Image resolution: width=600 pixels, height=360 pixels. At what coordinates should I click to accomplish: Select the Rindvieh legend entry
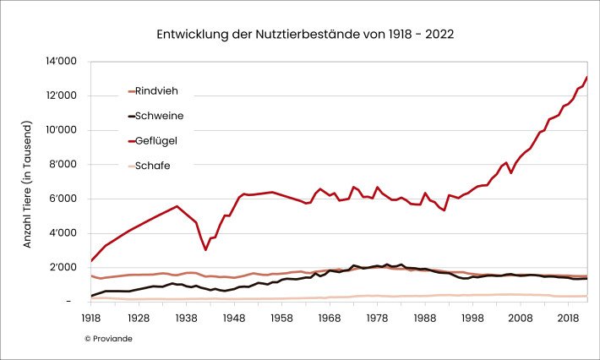click(156, 91)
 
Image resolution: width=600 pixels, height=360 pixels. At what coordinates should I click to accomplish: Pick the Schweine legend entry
click(160, 116)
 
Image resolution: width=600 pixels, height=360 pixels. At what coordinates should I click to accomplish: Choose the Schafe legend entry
click(152, 166)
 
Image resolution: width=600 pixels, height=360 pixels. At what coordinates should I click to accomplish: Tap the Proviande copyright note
click(108, 338)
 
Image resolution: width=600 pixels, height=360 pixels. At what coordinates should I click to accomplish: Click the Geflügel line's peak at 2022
click(586, 78)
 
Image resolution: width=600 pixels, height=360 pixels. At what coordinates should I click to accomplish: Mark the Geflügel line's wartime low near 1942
click(205, 249)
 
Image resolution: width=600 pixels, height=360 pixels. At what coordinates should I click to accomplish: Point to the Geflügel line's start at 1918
click(91, 260)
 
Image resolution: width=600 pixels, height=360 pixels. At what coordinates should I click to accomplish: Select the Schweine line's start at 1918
click(91, 296)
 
